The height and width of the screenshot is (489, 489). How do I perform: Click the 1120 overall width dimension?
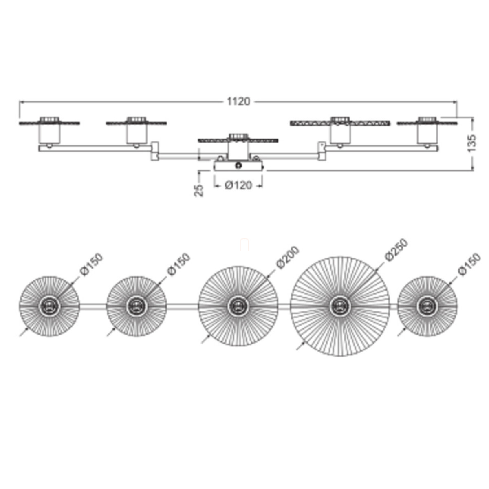[x=238, y=101]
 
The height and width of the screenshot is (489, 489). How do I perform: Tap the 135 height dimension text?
[x=471, y=143]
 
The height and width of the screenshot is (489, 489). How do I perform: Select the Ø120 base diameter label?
[x=238, y=185]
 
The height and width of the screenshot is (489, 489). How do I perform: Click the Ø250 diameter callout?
[x=396, y=250]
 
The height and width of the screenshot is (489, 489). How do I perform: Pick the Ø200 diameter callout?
[x=288, y=257]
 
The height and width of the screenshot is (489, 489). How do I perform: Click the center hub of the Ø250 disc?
[x=340, y=306]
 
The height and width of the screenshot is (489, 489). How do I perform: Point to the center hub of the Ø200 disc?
[x=238, y=306]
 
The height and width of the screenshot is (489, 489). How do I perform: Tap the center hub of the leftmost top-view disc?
[x=49, y=306]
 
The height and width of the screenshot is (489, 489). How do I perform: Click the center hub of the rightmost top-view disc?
[x=427, y=306]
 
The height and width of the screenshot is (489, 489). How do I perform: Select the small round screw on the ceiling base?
[x=238, y=165]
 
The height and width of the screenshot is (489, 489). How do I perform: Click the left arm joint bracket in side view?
[x=155, y=151]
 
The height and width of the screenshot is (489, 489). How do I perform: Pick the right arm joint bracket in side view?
[x=322, y=151]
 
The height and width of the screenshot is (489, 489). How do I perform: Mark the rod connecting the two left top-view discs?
[x=93, y=306]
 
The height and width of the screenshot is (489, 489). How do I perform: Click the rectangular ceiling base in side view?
[x=238, y=165]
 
